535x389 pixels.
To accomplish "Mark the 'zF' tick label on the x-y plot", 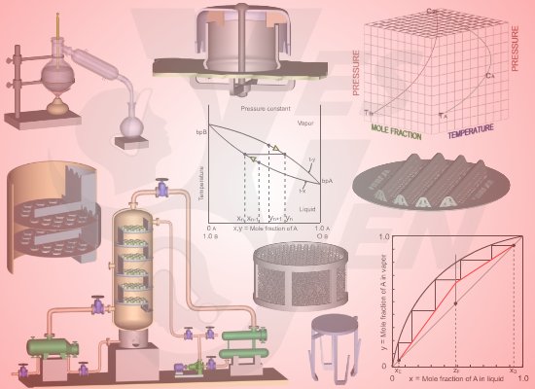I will (455, 372).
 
